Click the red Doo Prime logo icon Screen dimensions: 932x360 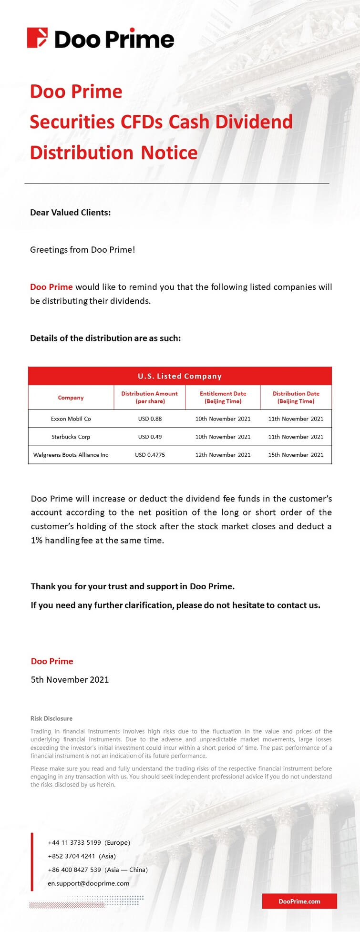pyautogui.click(x=37, y=38)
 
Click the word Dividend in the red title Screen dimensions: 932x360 pyautogui.click(x=254, y=122)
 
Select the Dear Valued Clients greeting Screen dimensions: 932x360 pyautogui.click(x=70, y=213)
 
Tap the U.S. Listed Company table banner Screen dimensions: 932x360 pyautogui.click(x=180, y=376)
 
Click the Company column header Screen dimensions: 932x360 pyautogui.click(x=71, y=398)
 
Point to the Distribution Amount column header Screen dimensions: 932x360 pyautogui.click(x=149, y=397)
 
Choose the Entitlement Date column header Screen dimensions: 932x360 pyautogui.click(x=223, y=397)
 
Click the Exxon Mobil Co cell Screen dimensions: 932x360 pyautogui.click(x=71, y=419)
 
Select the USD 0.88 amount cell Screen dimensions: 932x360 pyautogui.click(x=150, y=419)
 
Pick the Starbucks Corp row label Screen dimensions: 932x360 pyautogui.click(x=71, y=437)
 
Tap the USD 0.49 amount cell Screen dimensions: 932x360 pyautogui.click(x=150, y=437)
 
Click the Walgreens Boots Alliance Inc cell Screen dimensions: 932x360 pyautogui.click(x=71, y=455)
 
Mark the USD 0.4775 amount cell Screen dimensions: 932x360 pyautogui.click(x=150, y=455)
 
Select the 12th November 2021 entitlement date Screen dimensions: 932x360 pyautogui.click(x=223, y=455)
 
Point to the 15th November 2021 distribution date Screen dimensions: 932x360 pyautogui.click(x=296, y=455)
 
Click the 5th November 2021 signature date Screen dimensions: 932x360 pyautogui.click(x=70, y=680)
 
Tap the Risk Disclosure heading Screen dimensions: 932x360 pyautogui.click(x=51, y=718)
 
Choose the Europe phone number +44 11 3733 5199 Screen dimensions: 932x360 pyautogui.click(x=74, y=842)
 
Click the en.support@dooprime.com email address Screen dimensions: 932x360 pyautogui.click(x=88, y=883)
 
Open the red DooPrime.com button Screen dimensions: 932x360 pyautogui.click(x=299, y=901)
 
